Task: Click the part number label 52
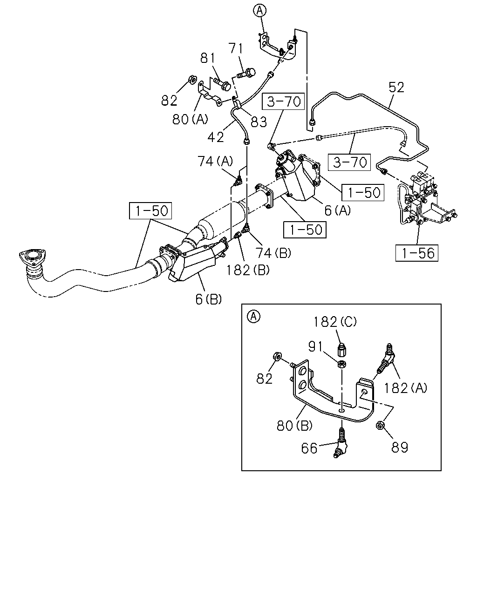pyautogui.click(x=396, y=88)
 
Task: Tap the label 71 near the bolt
pyautogui.click(x=236, y=49)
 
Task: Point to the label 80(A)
pyautogui.click(x=190, y=119)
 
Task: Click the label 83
pyautogui.click(x=259, y=122)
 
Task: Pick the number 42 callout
pyautogui.click(x=216, y=137)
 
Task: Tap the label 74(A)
pyautogui.click(x=215, y=161)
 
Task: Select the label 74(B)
pyautogui.click(x=273, y=252)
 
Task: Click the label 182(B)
pyautogui.click(x=248, y=270)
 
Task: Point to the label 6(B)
pyautogui.click(x=208, y=299)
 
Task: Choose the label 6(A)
pyautogui.click(x=338, y=210)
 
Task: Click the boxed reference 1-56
pyautogui.click(x=416, y=253)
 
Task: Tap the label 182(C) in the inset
pyautogui.click(x=335, y=322)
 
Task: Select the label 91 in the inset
pyautogui.click(x=316, y=346)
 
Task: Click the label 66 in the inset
pyautogui.click(x=309, y=448)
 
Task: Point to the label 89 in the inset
pyautogui.click(x=400, y=447)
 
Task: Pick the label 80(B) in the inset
pyautogui.click(x=294, y=426)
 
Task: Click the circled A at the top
pyautogui.click(x=259, y=11)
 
